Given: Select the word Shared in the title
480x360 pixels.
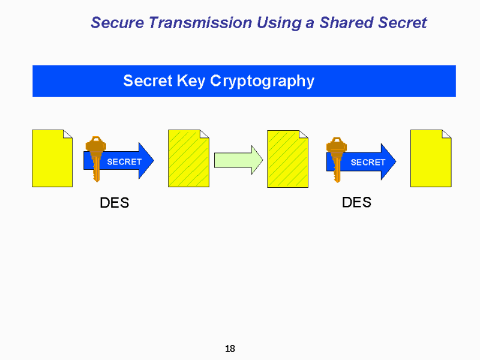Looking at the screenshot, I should pos(346,23).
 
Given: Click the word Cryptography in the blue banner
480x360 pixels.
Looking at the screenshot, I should pos(262,81).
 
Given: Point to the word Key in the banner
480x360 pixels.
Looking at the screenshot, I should pos(191,81).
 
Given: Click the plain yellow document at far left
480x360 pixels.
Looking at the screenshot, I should pos(52,158).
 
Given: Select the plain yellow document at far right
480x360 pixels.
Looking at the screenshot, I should pos(430,158).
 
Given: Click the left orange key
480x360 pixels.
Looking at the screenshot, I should pos(95,158).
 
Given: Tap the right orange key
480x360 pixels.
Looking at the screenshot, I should pos(337,158).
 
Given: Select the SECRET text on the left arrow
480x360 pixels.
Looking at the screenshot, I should pos(124,162).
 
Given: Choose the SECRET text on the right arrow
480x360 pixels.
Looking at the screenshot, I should pos(368,162).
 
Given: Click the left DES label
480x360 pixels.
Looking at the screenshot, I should pos(115,203).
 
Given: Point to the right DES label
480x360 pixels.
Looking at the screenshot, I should pos(356,202).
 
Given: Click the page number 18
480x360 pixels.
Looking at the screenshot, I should pos(230,349).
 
